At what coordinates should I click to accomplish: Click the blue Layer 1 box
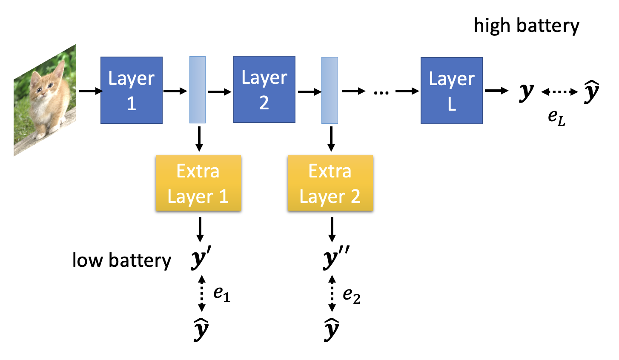pyautogui.click(x=131, y=90)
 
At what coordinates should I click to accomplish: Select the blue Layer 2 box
pyautogui.click(x=264, y=89)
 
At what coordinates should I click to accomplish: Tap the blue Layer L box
pyautogui.click(x=451, y=91)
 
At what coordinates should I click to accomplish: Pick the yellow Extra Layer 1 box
pyautogui.click(x=198, y=183)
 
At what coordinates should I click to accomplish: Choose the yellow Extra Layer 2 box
pyautogui.click(x=330, y=183)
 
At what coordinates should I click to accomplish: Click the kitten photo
pyautogui.click(x=45, y=100)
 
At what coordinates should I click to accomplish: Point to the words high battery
pyautogui.click(x=526, y=26)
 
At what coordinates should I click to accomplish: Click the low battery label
pyautogui.click(x=122, y=260)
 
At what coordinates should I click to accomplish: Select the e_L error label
pyautogui.click(x=556, y=117)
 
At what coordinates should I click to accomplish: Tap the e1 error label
pyautogui.click(x=222, y=293)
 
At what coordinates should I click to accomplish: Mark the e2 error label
pyautogui.click(x=352, y=294)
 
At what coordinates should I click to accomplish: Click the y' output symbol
pyautogui.click(x=201, y=258)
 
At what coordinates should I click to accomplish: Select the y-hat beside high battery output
pyautogui.click(x=591, y=91)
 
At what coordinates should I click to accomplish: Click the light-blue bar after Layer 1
pyautogui.click(x=198, y=90)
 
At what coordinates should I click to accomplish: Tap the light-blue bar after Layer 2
pyautogui.click(x=330, y=90)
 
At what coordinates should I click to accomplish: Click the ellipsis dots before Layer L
pyautogui.click(x=381, y=91)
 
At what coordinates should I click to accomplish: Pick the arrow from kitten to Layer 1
pyautogui.click(x=90, y=91)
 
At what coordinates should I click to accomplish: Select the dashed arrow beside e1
pyautogui.click(x=202, y=293)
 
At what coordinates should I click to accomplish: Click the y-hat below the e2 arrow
pyautogui.click(x=331, y=329)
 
